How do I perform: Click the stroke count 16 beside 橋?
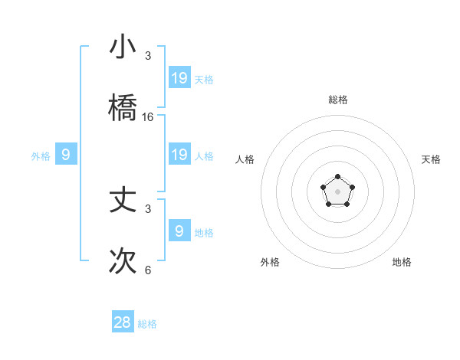click(148, 117)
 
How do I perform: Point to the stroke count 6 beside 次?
click(148, 270)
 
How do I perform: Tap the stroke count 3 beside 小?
click(148, 56)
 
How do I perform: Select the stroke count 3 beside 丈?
click(148, 208)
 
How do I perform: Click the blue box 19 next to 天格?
click(179, 77)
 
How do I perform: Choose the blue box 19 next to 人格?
click(179, 155)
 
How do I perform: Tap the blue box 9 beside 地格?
click(179, 231)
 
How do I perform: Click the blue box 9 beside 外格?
click(66, 155)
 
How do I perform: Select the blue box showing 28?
click(123, 322)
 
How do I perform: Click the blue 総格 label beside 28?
click(147, 324)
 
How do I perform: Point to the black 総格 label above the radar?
click(337, 100)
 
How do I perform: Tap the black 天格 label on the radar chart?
click(431, 159)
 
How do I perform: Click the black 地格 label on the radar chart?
click(402, 262)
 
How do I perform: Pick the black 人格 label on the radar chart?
click(245, 159)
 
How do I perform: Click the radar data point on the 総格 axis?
click(337, 177)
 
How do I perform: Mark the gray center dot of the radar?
click(337, 191)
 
